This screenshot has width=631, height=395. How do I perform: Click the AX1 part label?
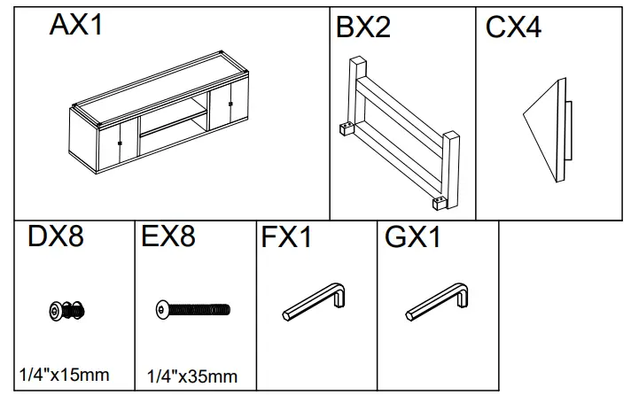click(76, 25)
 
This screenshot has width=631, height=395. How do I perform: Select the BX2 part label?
click(363, 27)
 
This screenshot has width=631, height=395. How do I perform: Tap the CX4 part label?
click(513, 27)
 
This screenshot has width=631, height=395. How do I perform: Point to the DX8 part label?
click(56, 238)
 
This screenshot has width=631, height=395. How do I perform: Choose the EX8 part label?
click(168, 238)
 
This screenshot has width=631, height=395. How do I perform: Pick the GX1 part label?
click(413, 239)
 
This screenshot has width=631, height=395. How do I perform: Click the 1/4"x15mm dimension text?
click(64, 375)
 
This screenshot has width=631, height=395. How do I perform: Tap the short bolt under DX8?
click(66, 309)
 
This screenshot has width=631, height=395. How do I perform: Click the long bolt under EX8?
click(191, 309)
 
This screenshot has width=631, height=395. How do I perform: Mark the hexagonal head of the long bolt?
click(160, 309)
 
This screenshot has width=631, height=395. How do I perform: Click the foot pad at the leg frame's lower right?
click(438, 203)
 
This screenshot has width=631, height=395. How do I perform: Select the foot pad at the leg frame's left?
click(344, 129)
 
